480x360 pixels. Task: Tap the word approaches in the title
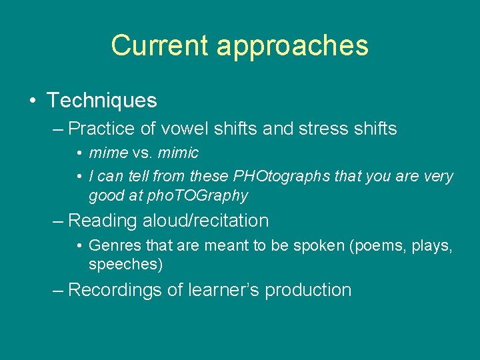coord(292,46)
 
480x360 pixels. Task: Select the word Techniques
coord(101,101)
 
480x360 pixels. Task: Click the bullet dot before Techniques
coord(33,101)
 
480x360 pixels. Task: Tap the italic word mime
coord(108,153)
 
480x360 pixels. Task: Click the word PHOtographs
coord(274,177)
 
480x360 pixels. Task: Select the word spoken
coord(317,246)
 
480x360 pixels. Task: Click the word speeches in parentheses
coord(125,265)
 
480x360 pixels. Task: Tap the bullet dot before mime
coord(79,154)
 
